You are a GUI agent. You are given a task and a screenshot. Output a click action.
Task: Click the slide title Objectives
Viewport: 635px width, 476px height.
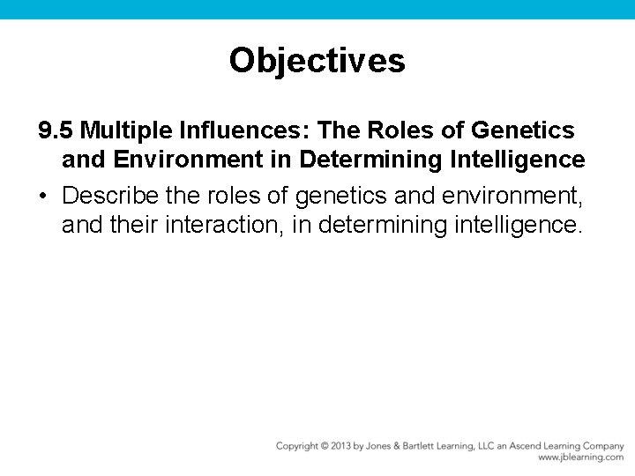coord(317,61)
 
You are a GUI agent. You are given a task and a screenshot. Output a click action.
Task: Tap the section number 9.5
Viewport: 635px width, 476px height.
coord(56,130)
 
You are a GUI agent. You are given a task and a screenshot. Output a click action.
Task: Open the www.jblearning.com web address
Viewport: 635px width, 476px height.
coord(580,457)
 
